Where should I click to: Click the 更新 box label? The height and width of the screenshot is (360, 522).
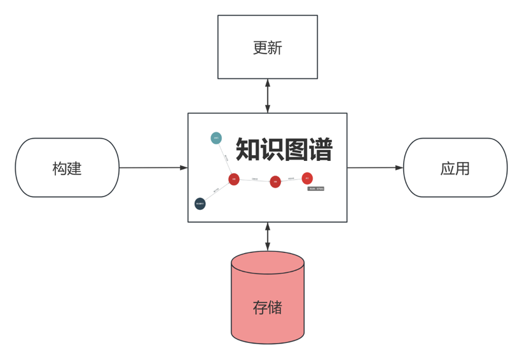(x=267, y=48)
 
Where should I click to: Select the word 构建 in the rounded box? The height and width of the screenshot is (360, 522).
(x=67, y=169)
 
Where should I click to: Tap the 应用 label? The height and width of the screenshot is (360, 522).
(x=455, y=169)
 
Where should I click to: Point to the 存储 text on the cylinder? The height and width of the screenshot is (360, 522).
(x=267, y=308)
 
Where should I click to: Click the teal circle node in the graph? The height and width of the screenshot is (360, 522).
(x=216, y=137)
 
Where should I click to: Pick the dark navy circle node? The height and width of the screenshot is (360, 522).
(x=200, y=204)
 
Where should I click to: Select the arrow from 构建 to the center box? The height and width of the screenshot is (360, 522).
(x=153, y=168)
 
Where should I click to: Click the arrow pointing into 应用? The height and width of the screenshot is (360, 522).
(x=375, y=168)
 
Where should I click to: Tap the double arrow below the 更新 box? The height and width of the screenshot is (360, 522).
(x=268, y=95)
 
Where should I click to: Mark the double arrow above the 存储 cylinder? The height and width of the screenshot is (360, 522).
(x=268, y=236)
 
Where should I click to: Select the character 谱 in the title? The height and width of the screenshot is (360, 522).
(x=320, y=150)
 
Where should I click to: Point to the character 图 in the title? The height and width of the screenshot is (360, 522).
(x=296, y=150)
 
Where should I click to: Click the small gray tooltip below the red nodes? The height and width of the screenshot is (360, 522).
(x=316, y=188)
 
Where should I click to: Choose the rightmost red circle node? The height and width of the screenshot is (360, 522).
(x=307, y=178)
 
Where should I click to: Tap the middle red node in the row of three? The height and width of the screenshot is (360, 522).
(x=275, y=181)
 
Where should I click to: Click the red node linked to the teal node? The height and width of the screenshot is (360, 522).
(x=233, y=179)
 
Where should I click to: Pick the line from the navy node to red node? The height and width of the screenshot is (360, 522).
(x=216, y=191)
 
